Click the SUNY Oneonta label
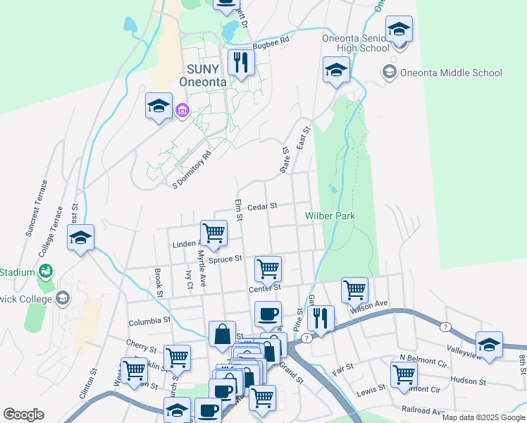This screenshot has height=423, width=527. [x=198, y=75]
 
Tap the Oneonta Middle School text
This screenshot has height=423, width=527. [x=450, y=73]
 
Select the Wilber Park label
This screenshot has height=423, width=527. [x=330, y=215]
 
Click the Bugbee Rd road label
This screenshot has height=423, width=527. [x=275, y=42]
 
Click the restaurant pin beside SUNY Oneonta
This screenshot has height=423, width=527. [x=242, y=63]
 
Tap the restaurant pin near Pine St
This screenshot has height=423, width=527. [x=321, y=318]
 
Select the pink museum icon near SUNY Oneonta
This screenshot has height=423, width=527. [x=182, y=110]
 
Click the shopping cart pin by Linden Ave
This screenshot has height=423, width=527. [x=213, y=232]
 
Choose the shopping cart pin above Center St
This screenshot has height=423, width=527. [x=268, y=268]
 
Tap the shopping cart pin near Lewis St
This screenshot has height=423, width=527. [x=404, y=374]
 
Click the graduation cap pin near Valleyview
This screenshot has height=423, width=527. [x=489, y=344]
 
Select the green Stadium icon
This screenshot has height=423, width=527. [x=46, y=271]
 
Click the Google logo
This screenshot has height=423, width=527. [x=23, y=415]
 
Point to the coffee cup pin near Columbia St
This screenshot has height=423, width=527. [x=268, y=314]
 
